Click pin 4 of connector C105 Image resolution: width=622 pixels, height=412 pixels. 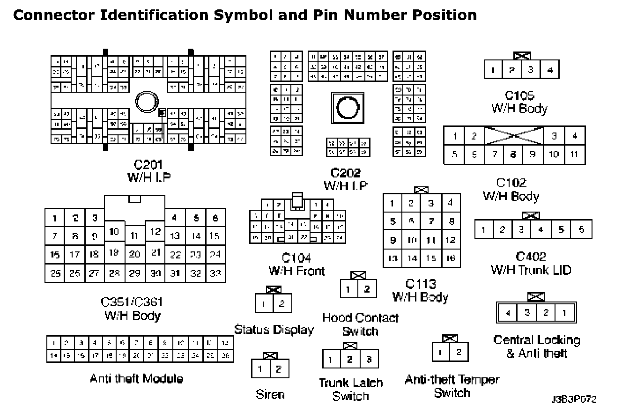tap(550, 70)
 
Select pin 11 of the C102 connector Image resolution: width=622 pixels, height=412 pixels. tap(575, 154)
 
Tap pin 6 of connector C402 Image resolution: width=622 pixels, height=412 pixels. tap(582, 229)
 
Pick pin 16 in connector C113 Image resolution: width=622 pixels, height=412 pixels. tap(451, 258)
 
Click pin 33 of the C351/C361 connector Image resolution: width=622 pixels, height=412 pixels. tap(215, 273)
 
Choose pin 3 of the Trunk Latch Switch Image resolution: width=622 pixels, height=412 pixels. tap(369, 360)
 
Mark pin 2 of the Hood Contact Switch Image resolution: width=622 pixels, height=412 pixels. tap(367, 289)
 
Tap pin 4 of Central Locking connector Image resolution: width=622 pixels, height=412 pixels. tap(508, 313)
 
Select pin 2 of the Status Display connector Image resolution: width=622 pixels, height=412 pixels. tap(282, 303)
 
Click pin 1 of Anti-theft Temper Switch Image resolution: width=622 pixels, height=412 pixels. tap(441, 352)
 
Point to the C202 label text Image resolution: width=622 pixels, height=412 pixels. tap(346, 173)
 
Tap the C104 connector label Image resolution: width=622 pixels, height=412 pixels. tap(296, 258)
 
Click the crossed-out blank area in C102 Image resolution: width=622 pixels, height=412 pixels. tap(514, 136)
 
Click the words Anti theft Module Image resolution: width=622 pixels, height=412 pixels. tap(136, 378)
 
